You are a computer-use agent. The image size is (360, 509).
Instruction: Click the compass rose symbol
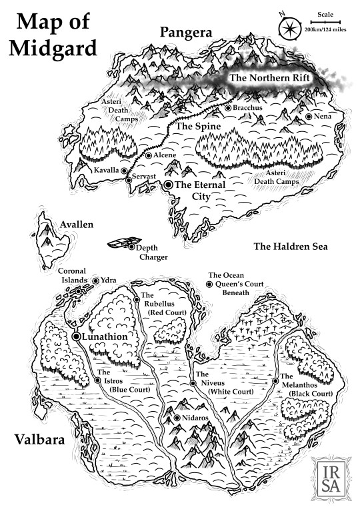288,29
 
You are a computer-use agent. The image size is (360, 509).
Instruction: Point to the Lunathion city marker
77,337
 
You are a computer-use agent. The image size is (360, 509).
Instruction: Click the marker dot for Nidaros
176,418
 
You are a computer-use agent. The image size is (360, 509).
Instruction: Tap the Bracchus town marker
228,107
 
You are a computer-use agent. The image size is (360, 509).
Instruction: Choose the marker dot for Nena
309,117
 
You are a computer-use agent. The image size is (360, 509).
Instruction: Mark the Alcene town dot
149,155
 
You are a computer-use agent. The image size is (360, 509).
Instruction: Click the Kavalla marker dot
123,171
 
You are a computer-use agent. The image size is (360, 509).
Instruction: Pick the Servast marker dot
129,179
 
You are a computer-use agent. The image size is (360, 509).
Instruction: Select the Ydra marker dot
95,281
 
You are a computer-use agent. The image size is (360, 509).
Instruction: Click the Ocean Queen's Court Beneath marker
209,284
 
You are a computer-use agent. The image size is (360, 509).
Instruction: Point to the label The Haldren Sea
291,247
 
